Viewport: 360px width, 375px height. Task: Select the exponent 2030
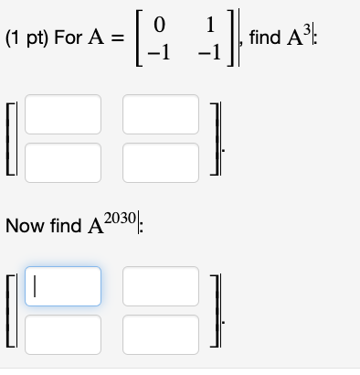(x=122, y=216)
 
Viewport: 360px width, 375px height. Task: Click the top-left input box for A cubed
(x=64, y=114)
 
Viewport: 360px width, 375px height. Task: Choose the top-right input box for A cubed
(x=160, y=114)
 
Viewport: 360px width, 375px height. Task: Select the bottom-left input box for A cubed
(x=64, y=159)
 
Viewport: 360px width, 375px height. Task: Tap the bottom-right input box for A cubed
(x=160, y=159)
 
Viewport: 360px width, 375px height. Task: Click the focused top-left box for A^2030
(x=64, y=285)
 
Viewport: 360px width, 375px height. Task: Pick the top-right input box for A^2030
(x=160, y=285)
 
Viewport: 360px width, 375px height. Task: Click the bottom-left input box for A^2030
(x=64, y=330)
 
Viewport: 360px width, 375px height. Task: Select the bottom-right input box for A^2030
(x=160, y=330)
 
